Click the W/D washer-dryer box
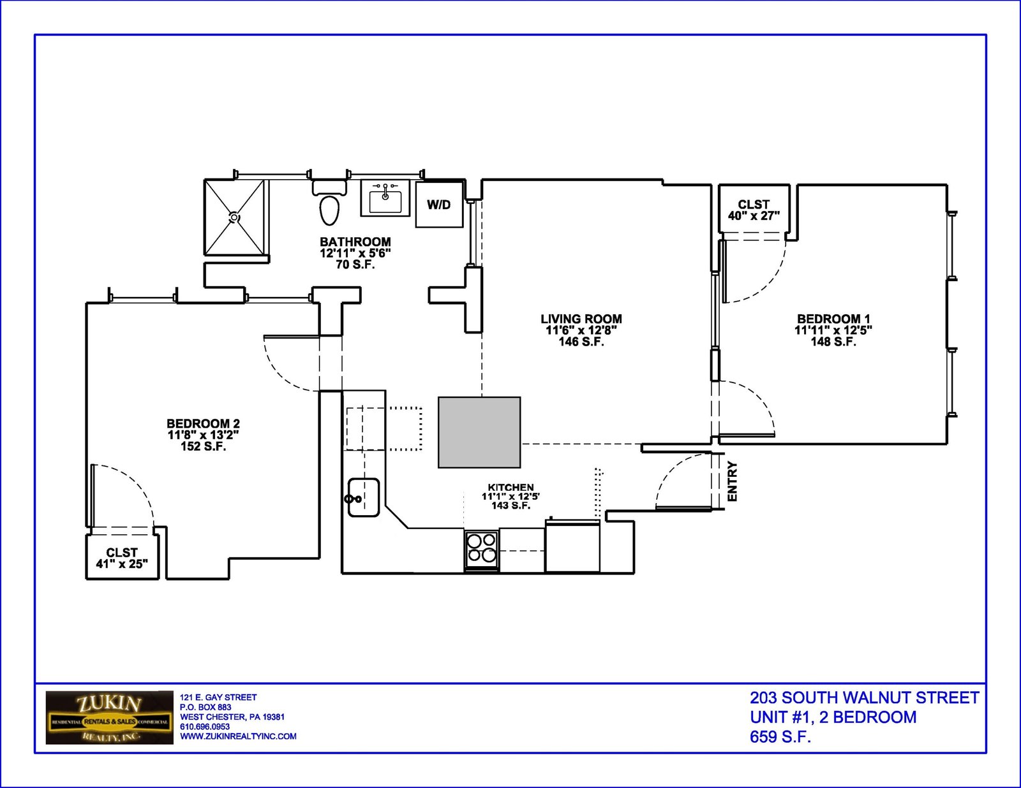click(439, 205)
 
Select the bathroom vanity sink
click(385, 198)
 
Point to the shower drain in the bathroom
click(234, 217)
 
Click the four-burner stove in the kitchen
click(482, 550)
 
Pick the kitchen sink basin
click(364, 497)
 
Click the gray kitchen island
click(479, 432)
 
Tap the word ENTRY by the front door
click(732, 481)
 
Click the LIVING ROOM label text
click(581, 319)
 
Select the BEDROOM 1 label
click(833, 319)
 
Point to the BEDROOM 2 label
click(204, 423)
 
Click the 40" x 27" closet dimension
click(754, 216)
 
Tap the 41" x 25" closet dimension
click(122, 564)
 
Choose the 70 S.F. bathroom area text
click(355, 265)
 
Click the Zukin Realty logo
click(110, 717)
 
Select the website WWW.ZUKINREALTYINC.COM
click(238, 736)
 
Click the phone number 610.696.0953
click(205, 727)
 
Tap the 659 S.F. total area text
click(780, 737)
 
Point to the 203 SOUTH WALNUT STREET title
click(865, 698)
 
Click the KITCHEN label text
click(511, 488)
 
